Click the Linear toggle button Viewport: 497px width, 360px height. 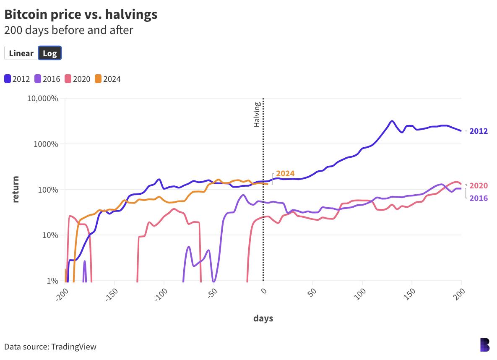[21, 53]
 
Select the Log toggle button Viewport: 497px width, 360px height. [50, 53]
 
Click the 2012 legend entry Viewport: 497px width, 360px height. [17, 79]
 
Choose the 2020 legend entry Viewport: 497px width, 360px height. [78, 79]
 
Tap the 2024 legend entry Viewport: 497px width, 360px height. [108, 79]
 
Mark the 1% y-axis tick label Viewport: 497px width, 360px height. [52, 281]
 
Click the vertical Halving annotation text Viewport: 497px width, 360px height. [257, 115]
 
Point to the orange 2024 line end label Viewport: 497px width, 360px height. [285, 173]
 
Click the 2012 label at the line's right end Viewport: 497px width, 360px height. [479, 131]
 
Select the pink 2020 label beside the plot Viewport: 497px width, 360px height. [479, 186]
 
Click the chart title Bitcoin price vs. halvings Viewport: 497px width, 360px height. [81, 14]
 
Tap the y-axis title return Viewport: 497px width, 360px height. [16, 190]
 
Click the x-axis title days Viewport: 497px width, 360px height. [263, 318]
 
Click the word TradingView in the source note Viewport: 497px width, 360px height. [74, 347]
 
